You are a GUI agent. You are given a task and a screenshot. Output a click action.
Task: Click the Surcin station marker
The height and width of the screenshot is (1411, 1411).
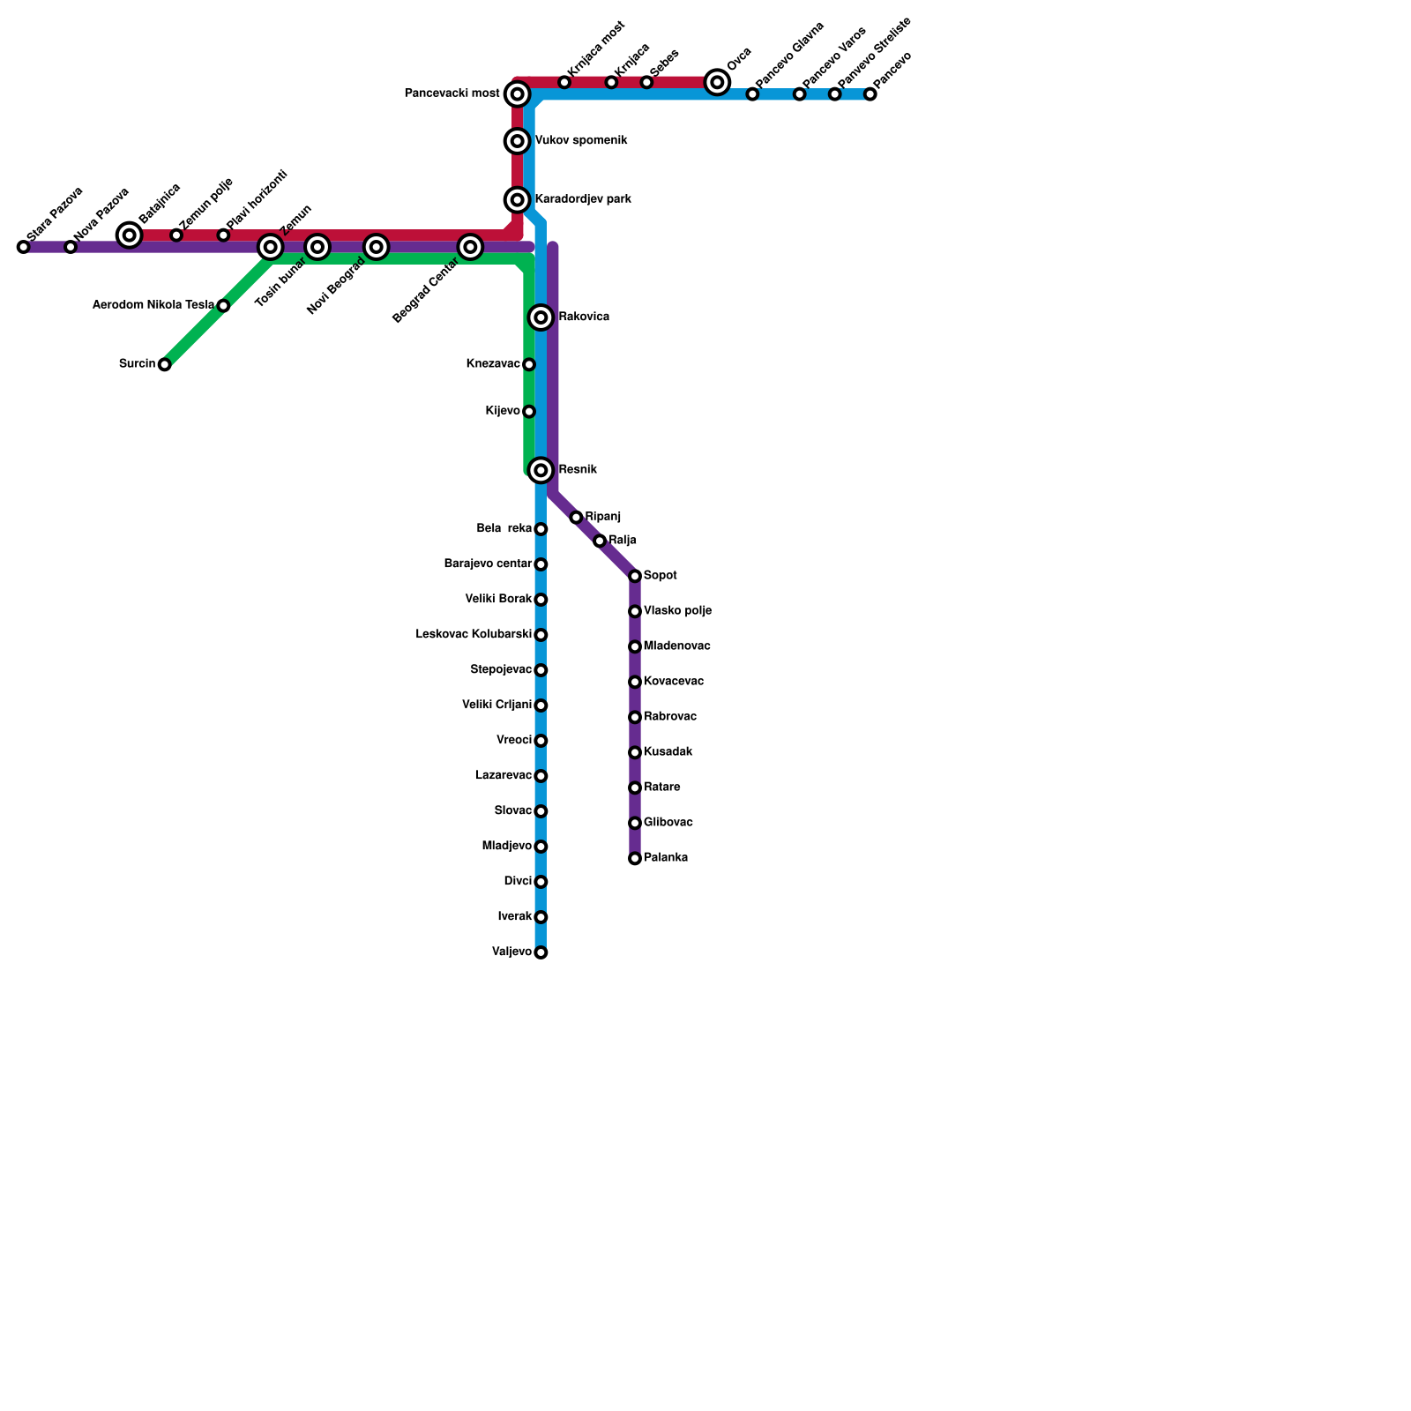pos(164,364)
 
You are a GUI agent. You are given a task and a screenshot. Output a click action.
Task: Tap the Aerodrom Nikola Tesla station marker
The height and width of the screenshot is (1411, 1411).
pos(223,306)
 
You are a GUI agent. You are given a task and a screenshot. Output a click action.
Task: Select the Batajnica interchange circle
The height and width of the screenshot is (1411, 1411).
pos(130,235)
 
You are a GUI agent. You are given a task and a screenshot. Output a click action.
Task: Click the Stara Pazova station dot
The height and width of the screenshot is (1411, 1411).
pos(23,247)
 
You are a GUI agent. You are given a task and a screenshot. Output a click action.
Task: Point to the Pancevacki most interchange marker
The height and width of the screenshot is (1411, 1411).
pos(518,93)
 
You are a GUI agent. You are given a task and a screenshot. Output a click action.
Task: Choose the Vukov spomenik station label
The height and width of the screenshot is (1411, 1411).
pos(581,141)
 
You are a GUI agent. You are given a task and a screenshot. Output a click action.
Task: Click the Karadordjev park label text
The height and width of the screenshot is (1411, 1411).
pos(583,200)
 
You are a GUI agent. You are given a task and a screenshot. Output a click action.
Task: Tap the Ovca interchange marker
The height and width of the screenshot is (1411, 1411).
pos(718,82)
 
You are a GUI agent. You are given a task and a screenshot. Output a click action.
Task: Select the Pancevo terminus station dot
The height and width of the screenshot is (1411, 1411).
pos(870,94)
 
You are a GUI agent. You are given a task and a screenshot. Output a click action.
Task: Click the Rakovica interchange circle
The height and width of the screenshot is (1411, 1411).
pos(541,317)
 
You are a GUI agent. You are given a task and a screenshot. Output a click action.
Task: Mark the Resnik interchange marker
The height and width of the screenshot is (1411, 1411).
pos(541,470)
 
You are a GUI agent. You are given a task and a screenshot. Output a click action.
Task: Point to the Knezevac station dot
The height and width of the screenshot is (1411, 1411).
pos(529,364)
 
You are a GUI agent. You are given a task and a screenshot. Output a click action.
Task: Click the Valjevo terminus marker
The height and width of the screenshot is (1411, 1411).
pos(541,952)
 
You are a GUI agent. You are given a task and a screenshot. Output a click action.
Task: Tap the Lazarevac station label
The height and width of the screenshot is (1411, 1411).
pos(503,776)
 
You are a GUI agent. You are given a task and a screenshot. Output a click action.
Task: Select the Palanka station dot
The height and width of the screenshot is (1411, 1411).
pos(635,858)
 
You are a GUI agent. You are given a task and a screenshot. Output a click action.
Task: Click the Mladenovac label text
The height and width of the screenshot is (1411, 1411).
pos(676,646)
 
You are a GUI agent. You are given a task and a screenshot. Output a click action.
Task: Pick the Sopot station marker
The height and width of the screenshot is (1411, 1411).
pos(635,576)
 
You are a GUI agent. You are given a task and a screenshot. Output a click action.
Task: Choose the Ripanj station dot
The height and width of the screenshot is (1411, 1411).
pos(576,518)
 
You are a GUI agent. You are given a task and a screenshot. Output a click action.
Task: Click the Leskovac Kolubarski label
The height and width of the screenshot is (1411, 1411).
pos(474,635)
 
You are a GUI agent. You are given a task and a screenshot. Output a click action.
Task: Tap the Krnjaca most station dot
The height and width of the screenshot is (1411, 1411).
pos(564,82)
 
